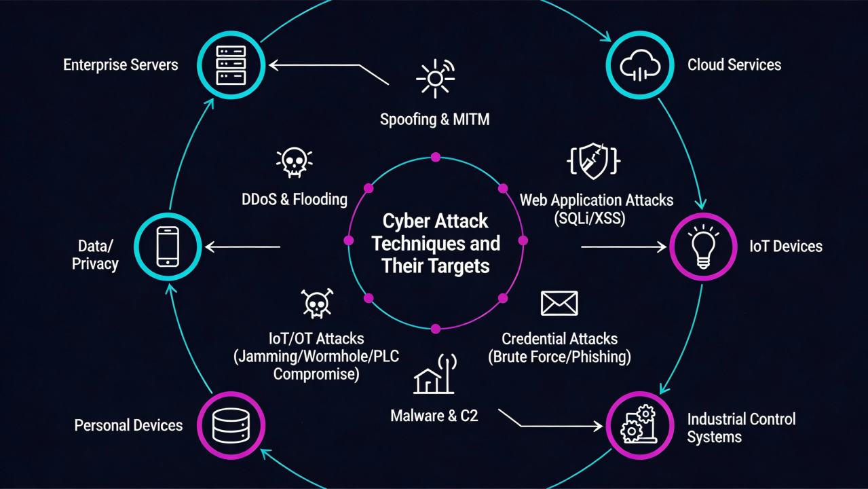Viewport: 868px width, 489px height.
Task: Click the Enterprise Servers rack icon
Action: tap(230, 65)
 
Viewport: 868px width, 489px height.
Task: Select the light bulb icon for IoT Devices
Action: tap(703, 246)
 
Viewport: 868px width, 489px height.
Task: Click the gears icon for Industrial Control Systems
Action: tap(639, 425)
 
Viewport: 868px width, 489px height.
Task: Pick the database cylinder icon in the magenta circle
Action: tap(231, 425)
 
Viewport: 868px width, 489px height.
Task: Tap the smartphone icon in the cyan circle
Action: tap(167, 246)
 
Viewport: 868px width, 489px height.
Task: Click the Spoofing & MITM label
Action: tap(434, 120)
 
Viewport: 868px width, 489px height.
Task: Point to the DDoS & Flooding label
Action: tap(295, 200)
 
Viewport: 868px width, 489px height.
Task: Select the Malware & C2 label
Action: tap(434, 416)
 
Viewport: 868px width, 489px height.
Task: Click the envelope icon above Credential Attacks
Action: tap(559, 303)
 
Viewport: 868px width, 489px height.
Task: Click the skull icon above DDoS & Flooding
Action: tap(294, 163)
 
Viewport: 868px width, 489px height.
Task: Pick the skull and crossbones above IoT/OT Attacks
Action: tap(316, 304)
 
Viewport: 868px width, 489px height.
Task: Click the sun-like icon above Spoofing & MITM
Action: tap(435, 78)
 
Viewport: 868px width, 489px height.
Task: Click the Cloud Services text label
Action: tap(734, 65)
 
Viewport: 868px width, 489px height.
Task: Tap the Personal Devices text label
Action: tap(128, 426)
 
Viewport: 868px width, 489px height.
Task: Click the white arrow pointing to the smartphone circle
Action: tap(242, 247)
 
